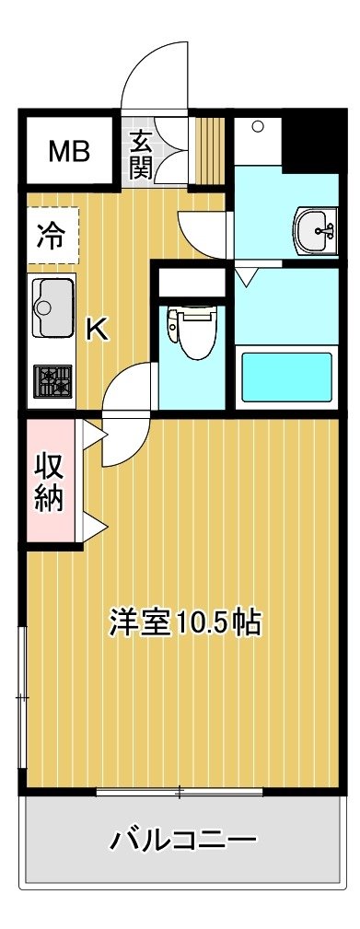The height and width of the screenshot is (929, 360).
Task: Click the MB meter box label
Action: (69, 151)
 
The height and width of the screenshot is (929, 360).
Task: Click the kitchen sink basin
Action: (53, 308)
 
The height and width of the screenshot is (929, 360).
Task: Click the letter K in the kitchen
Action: (99, 330)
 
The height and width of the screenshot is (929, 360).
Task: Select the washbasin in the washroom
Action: (316, 232)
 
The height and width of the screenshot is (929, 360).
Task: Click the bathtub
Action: (286, 377)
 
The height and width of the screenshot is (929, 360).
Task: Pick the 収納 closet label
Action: (50, 482)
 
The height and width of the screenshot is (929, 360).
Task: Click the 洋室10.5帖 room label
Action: (185, 624)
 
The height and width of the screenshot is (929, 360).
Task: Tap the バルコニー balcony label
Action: (184, 839)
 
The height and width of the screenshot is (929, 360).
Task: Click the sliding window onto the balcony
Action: (180, 791)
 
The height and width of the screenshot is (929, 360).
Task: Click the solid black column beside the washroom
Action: (313, 143)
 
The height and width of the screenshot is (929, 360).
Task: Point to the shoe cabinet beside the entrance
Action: (209, 152)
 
